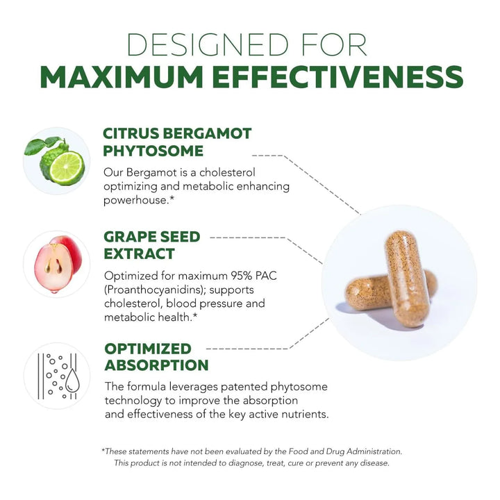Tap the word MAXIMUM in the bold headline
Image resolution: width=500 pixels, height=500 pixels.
pos(122,77)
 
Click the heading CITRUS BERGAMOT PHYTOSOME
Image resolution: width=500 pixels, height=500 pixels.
pos(177,142)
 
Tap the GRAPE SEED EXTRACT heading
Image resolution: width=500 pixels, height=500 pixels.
pos(152,245)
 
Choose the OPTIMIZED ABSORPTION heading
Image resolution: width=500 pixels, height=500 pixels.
pos(156,357)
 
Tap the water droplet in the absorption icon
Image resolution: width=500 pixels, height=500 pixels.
pos(72,381)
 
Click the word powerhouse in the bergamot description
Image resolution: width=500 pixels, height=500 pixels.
pos(135,200)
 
